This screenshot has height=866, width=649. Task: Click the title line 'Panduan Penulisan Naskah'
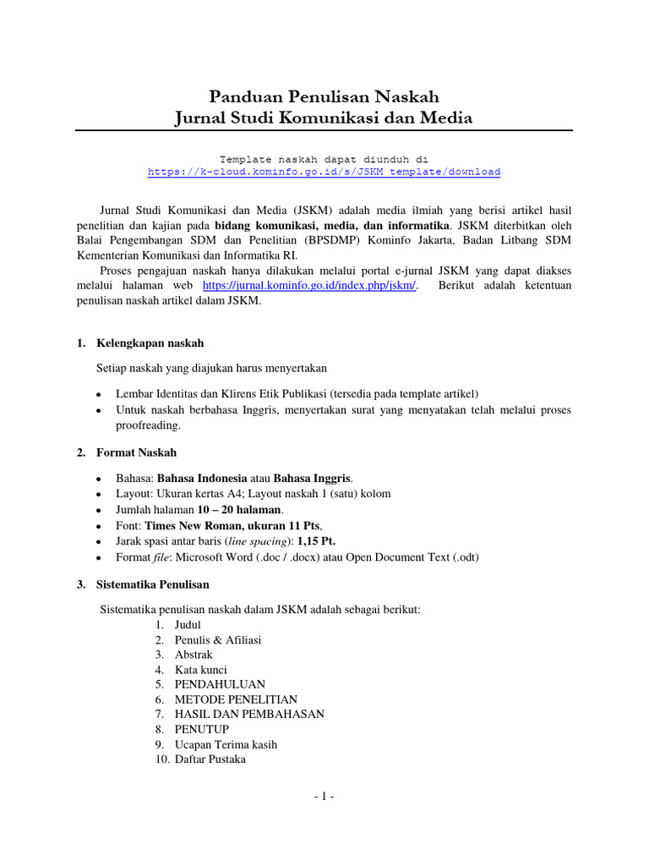pyautogui.click(x=324, y=96)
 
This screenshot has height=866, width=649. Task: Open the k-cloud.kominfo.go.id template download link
pyautogui.click(x=324, y=172)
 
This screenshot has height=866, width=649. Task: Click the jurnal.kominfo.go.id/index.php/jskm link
pyautogui.click(x=311, y=286)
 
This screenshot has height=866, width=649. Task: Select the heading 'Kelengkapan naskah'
pyautogui.click(x=150, y=343)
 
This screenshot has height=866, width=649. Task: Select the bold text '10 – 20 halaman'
pyautogui.click(x=240, y=509)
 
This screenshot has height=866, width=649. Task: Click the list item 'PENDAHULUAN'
pyautogui.click(x=220, y=684)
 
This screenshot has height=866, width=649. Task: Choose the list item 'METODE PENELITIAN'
pyautogui.click(x=236, y=699)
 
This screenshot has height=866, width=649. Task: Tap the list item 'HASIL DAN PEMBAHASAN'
pyautogui.click(x=249, y=715)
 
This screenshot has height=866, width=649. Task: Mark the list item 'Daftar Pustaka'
pyautogui.click(x=210, y=760)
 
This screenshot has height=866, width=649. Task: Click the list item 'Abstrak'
pyautogui.click(x=194, y=655)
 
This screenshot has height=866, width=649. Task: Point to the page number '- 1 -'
pyautogui.click(x=324, y=797)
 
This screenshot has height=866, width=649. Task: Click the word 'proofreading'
pyautogui.click(x=149, y=426)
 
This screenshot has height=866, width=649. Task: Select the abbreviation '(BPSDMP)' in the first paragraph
pyautogui.click(x=332, y=239)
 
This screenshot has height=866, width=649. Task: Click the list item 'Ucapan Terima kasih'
pyautogui.click(x=226, y=745)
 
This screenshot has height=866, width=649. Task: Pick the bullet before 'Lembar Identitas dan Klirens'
pyautogui.click(x=100, y=395)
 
